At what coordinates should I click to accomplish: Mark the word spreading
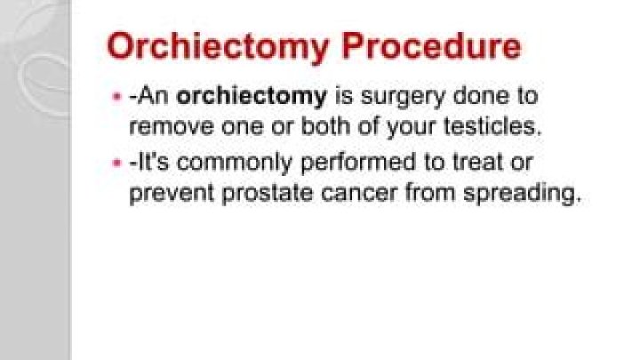[x=528, y=194]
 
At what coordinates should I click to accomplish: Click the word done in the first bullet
[x=460, y=96]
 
